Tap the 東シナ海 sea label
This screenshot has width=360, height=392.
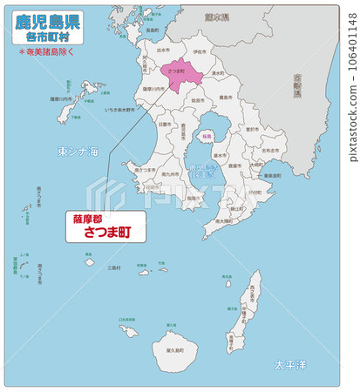tap(78, 152)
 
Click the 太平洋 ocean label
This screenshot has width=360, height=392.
tap(290, 364)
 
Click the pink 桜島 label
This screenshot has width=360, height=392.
tap(207, 137)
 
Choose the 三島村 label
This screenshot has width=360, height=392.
tap(113, 268)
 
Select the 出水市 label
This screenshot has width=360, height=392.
tap(163, 51)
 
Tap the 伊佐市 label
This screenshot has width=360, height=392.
tap(199, 51)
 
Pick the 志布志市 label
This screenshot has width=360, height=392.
tap(272, 150)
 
